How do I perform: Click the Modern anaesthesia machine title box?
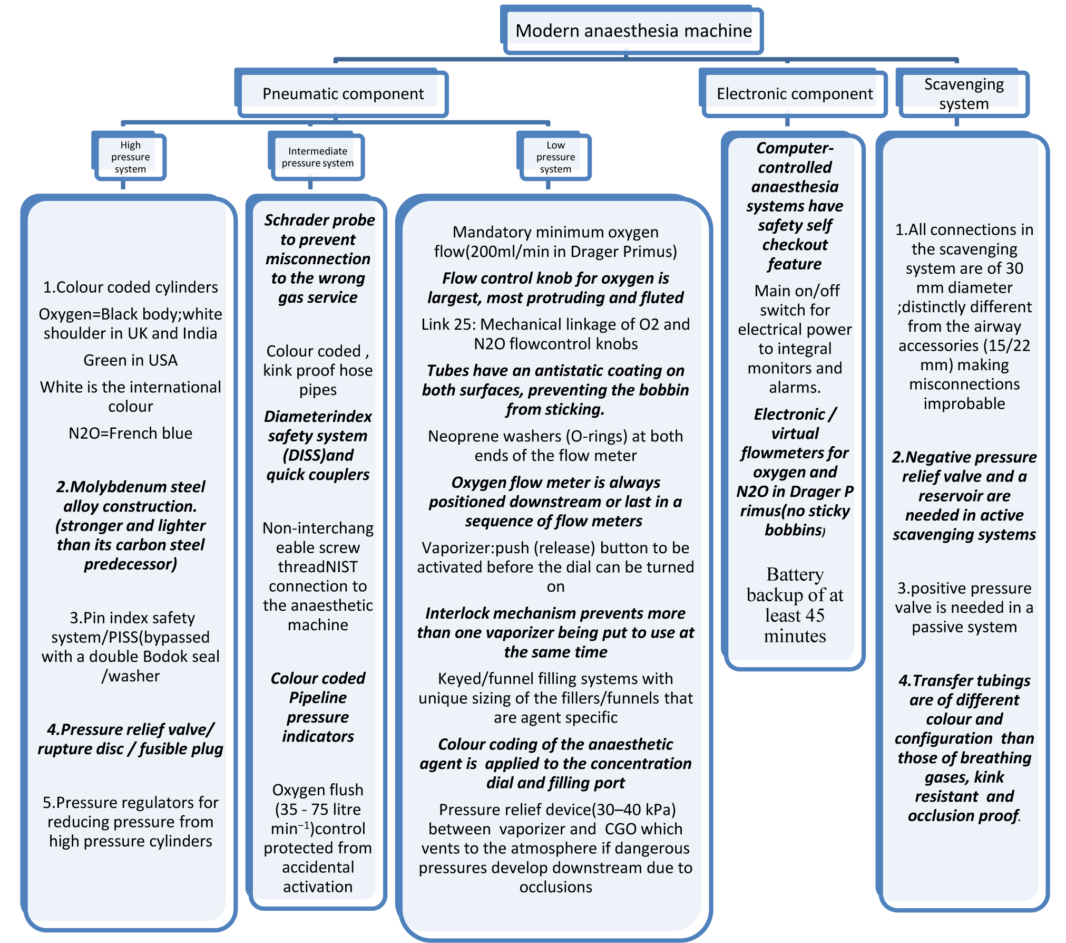point(633,31)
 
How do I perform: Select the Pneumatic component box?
point(343,94)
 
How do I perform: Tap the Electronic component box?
point(794,94)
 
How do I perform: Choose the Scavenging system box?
point(963,94)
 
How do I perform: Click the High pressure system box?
point(130,157)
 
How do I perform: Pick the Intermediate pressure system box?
point(317,157)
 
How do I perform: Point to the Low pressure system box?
point(555,157)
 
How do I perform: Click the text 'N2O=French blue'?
point(130,433)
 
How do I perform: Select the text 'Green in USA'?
point(130,360)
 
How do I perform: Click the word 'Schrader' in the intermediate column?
point(296,220)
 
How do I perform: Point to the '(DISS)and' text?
point(318,455)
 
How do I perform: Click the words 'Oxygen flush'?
point(318,790)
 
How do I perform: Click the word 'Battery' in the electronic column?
point(795,574)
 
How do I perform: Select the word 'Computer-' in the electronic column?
point(795,148)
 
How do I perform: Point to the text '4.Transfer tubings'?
point(964,681)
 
